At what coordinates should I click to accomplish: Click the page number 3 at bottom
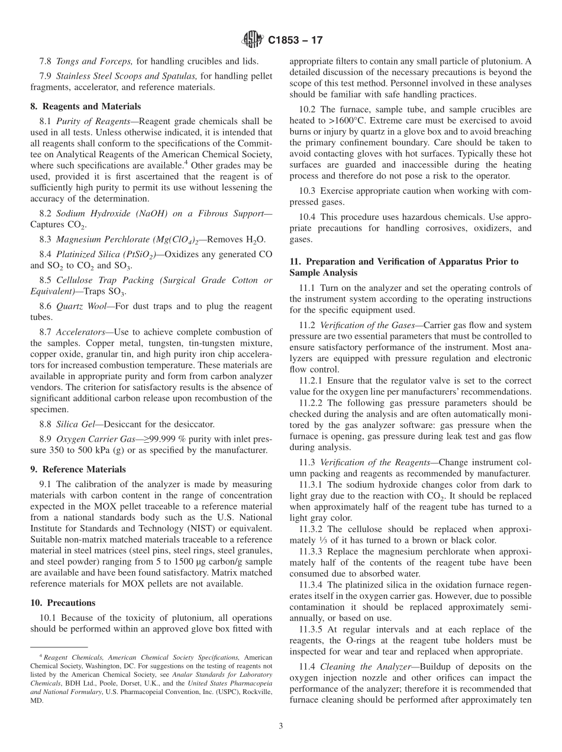tap(281, 727)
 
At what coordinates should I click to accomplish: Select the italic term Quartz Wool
tap(76, 306)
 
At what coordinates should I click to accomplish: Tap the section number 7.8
tap(46, 61)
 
